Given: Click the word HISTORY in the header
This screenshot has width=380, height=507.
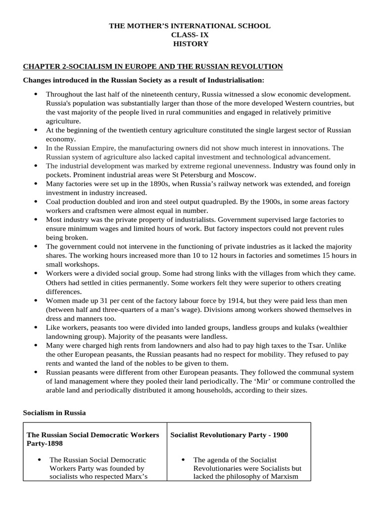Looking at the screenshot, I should coord(190,44).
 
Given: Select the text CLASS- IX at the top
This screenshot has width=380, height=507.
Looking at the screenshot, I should coord(190,35).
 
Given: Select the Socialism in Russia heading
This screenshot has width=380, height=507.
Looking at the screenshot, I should coord(54,412).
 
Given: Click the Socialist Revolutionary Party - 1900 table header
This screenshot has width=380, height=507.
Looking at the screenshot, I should coord(229,435).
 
